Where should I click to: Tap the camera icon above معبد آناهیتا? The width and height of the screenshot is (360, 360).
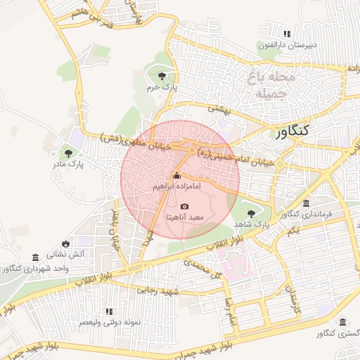pyautogui.click(x=184, y=206)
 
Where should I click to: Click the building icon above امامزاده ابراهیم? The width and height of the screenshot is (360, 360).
pyautogui.click(x=176, y=176)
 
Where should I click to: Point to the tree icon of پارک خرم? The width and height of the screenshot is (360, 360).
pyautogui.click(x=162, y=75)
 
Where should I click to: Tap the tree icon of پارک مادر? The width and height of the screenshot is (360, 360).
pyautogui.click(x=68, y=152)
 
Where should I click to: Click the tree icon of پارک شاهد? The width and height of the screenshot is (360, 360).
pyautogui.click(x=250, y=210)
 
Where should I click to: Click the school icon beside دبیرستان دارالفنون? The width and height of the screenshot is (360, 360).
pyautogui.click(x=286, y=34)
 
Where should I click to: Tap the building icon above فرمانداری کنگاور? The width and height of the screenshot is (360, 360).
pyautogui.click(x=304, y=203)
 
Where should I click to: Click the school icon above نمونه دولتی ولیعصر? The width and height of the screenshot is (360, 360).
pyautogui.click(x=108, y=311)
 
